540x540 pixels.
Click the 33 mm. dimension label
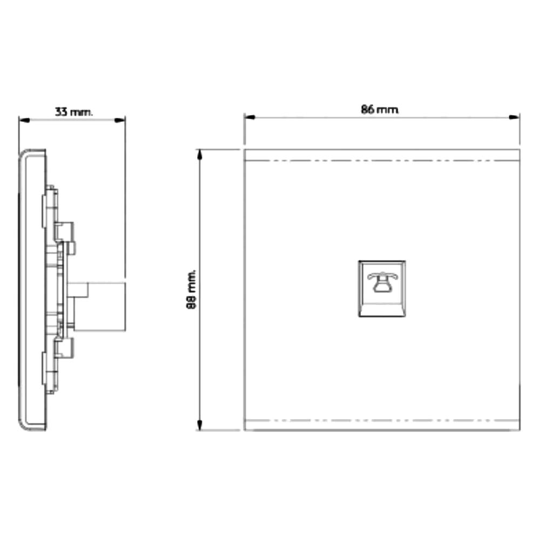(x=73, y=112)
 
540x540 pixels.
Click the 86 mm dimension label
(x=380, y=110)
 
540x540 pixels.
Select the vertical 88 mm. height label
(x=192, y=289)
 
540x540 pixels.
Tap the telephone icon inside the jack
(x=382, y=282)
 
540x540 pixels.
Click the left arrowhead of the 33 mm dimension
(x=24, y=120)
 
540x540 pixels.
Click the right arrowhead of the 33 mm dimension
(x=119, y=120)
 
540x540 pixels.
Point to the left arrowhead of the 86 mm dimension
(x=249, y=117)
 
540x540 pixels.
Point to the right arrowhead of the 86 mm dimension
(x=514, y=117)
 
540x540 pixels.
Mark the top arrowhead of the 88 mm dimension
(x=199, y=155)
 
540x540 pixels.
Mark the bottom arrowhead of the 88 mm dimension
(x=199, y=424)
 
